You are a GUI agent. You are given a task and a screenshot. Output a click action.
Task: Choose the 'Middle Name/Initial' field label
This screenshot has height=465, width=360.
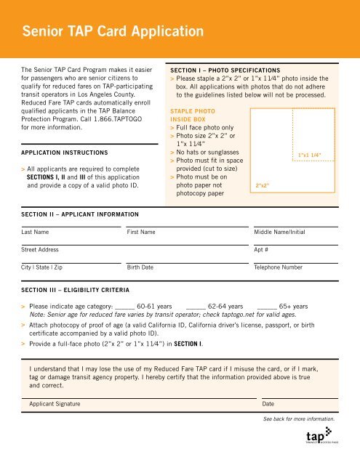pyautogui.click(x=282, y=232)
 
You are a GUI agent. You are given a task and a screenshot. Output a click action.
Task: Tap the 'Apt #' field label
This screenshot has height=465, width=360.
pyautogui.click(x=263, y=250)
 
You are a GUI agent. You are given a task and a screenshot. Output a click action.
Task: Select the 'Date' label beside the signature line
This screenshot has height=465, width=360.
pyautogui.click(x=268, y=403)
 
